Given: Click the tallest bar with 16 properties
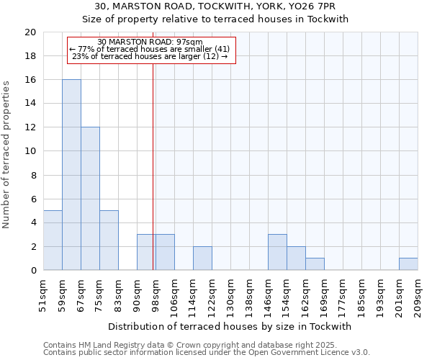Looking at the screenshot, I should tap(71, 175).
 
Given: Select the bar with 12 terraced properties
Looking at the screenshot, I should tap(90, 199).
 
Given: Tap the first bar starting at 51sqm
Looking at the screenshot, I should tap(53, 240).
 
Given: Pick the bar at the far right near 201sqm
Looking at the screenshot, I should tap(408, 264).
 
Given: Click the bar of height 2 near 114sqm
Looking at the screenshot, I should tap(202, 258).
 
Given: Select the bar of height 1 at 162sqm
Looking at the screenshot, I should tap(315, 264).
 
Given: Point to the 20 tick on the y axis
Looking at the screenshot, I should tap(30, 32).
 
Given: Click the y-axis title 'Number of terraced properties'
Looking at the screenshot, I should tap(7, 154).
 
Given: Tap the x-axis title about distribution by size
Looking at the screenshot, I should tap(233, 326).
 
